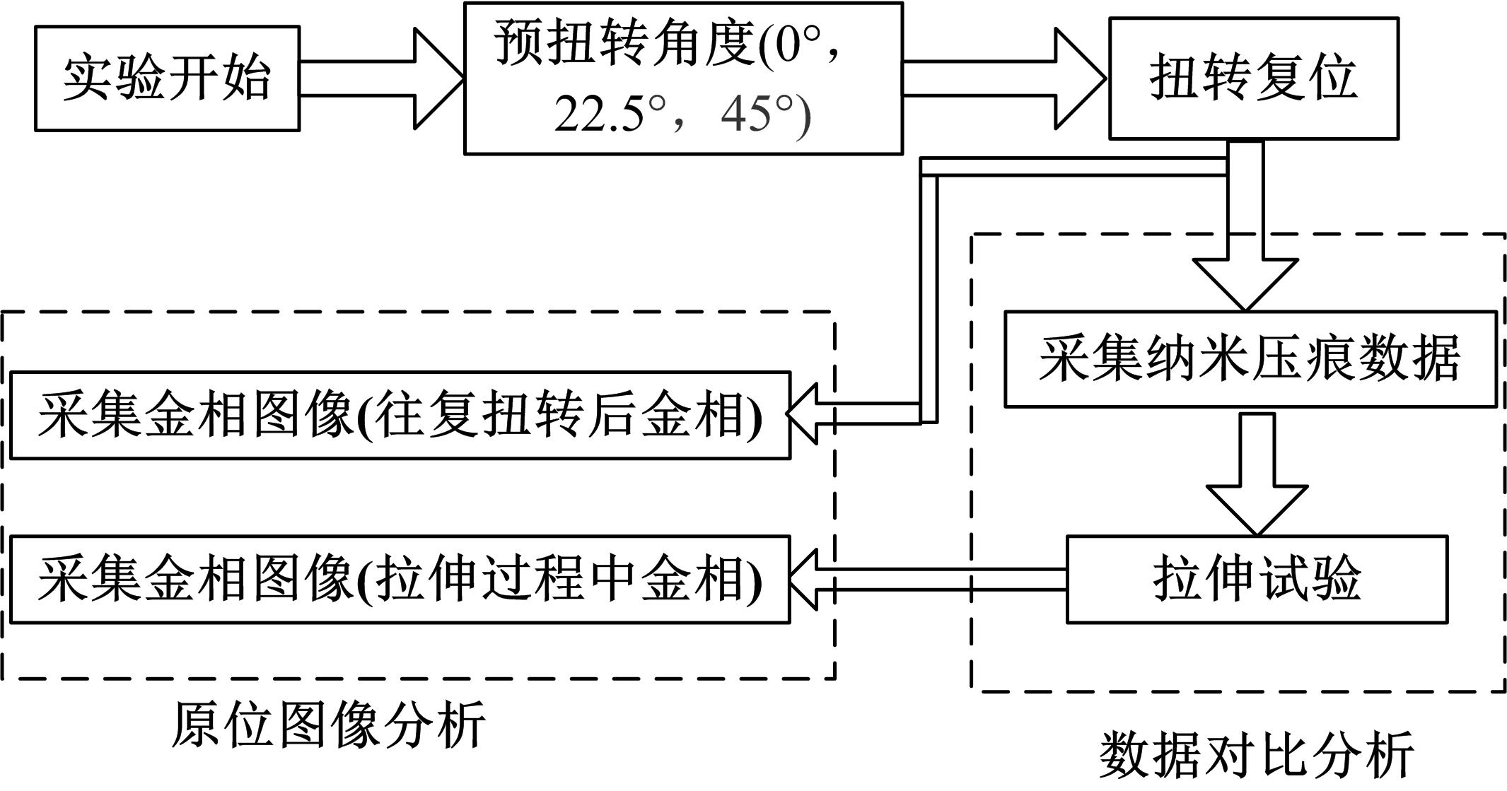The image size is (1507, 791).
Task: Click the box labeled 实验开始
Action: pyautogui.click(x=167, y=78)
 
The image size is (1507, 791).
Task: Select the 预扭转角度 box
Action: pyautogui.click(x=682, y=78)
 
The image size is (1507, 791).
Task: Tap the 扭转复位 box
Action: pyautogui.click(x=1252, y=78)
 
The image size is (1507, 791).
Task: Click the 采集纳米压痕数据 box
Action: pyautogui.click(x=1250, y=359)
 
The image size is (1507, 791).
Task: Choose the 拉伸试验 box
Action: pyautogui.click(x=1256, y=580)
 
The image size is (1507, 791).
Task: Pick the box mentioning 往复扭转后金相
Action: pyautogui.click(x=400, y=415)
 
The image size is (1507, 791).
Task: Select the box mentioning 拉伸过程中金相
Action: pyautogui.click(x=400, y=580)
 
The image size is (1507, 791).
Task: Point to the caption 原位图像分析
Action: pyautogui.click(x=328, y=725)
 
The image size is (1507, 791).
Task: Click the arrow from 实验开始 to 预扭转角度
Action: pyautogui.click(x=382, y=78)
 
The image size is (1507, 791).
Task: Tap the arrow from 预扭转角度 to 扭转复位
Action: pyautogui.click(x=1004, y=78)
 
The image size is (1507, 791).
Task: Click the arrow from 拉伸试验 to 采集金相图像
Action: pyautogui.click(x=926, y=580)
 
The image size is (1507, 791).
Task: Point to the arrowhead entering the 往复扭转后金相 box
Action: pyautogui.click(x=803, y=414)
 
